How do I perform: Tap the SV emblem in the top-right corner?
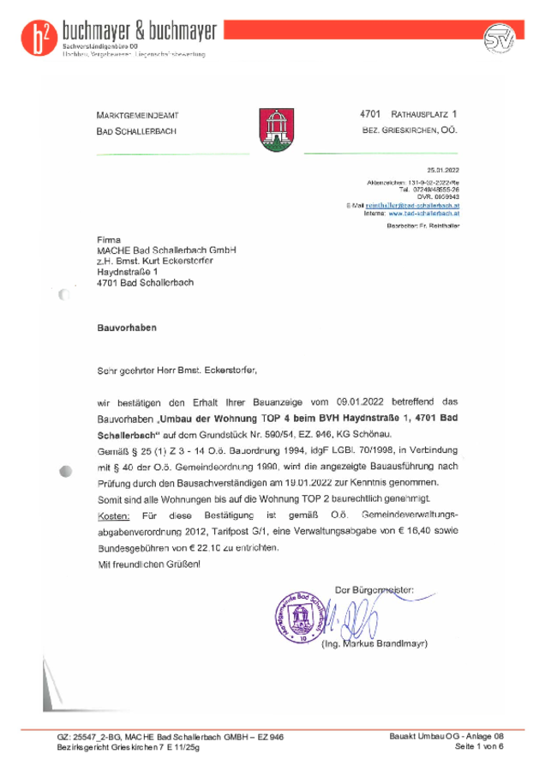pos(497,39)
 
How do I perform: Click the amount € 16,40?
pos(416,530)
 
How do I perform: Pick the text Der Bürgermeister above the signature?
pos(374,590)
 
